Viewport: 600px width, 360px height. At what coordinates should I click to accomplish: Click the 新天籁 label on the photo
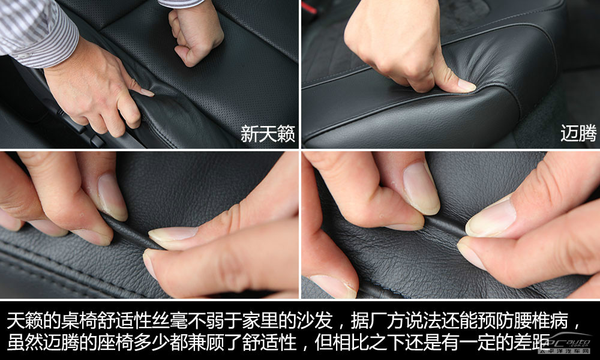pyautogui.click(x=268, y=134)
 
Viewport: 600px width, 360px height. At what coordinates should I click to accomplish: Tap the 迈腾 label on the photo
pyautogui.click(x=578, y=134)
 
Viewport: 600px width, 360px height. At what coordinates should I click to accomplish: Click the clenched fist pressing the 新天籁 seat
pyautogui.click(x=196, y=34)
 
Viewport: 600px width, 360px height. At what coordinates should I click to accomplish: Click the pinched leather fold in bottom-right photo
pyautogui.click(x=444, y=226)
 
